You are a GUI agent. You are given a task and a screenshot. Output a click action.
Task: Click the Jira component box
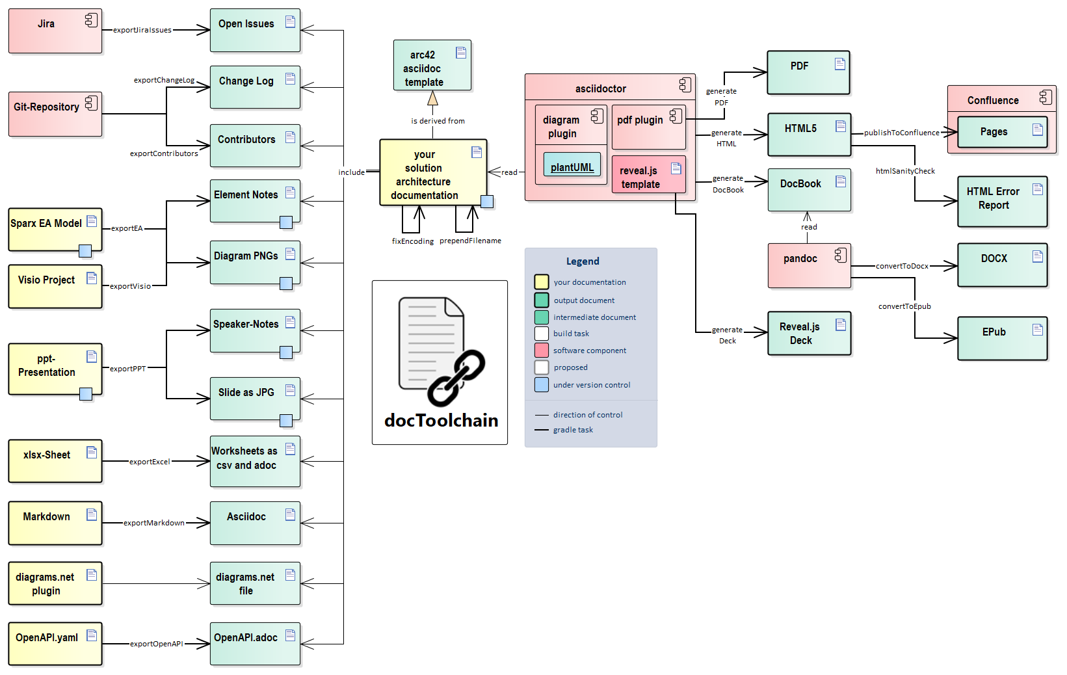click(55, 31)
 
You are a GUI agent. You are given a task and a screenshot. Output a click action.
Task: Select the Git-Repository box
click(55, 114)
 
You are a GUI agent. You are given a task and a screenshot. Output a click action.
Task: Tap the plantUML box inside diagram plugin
click(572, 167)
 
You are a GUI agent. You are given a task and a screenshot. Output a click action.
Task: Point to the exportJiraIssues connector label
click(142, 30)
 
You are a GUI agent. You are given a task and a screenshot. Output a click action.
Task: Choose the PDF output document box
click(808, 72)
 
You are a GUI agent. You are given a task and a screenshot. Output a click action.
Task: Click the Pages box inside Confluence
click(1001, 132)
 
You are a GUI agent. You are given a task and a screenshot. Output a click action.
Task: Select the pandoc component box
click(808, 265)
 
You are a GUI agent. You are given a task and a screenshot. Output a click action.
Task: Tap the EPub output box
click(1001, 338)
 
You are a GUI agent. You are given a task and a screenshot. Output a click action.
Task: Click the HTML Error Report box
click(1001, 201)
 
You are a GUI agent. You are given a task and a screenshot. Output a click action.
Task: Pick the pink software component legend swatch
click(541, 351)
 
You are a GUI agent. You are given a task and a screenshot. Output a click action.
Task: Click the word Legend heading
click(582, 261)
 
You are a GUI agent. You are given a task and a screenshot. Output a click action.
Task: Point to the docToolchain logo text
click(441, 421)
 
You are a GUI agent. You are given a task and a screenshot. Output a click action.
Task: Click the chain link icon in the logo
click(456, 378)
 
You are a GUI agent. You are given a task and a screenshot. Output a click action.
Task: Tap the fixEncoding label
click(412, 241)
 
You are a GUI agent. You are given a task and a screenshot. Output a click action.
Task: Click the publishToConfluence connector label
click(901, 133)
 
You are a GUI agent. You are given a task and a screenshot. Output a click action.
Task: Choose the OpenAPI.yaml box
click(55, 644)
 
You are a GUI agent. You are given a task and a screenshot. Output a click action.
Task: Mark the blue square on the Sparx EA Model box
click(85, 250)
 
